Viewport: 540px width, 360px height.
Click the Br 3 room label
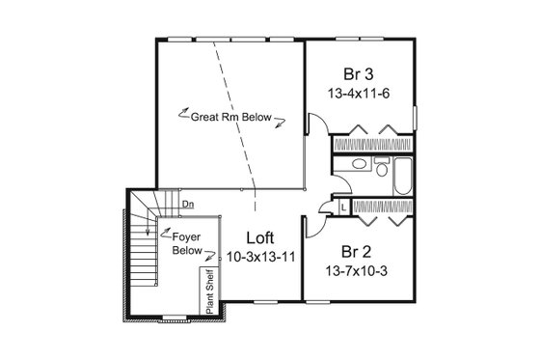pyautogui.click(x=359, y=73)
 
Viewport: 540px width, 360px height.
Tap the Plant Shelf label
pyautogui.click(x=207, y=292)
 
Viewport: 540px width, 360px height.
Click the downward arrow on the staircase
pyautogui.click(x=145, y=232)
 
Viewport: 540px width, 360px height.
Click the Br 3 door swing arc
pyautogui.click(x=314, y=123)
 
